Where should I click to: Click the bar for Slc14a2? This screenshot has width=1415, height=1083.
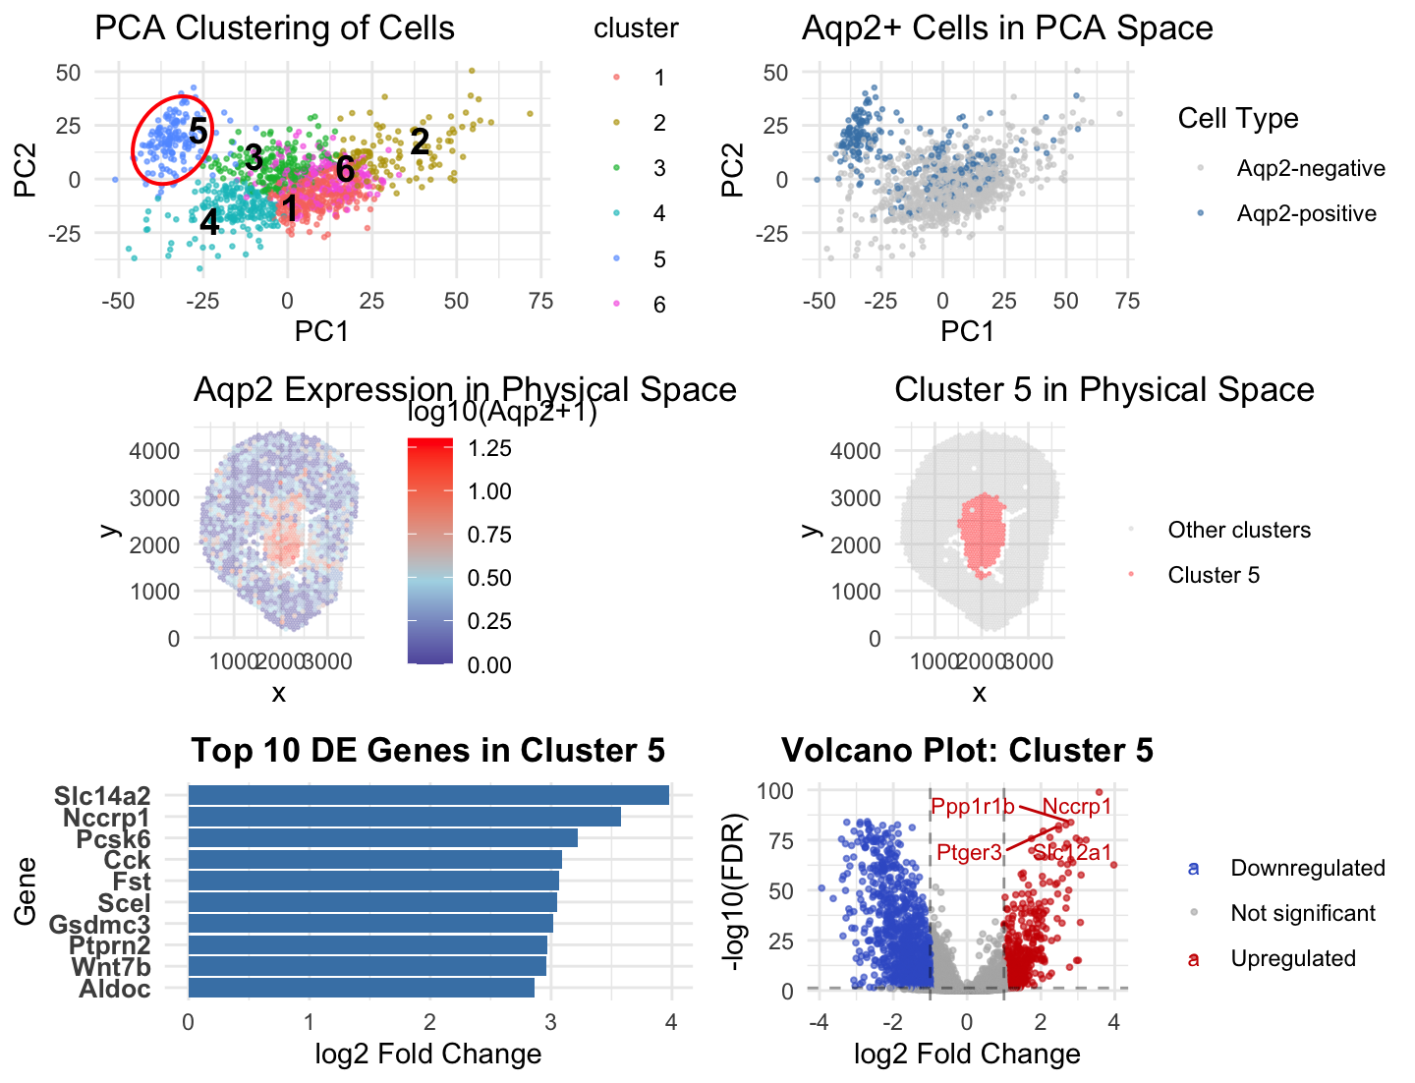click(x=428, y=795)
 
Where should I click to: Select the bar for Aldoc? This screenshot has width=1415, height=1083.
click(x=361, y=988)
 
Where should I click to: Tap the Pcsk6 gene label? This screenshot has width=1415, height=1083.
click(x=114, y=839)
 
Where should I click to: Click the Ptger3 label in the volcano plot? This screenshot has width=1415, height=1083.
click(x=969, y=852)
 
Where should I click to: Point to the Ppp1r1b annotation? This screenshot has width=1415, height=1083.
click(x=972, y=807)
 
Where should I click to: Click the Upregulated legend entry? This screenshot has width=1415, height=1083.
click(x=1292, y=958)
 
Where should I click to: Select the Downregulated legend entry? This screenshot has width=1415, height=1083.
click(x=1307, y=868)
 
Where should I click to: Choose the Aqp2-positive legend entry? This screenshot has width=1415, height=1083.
click(x=1306, y=213)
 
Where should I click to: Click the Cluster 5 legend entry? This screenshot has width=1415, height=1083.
click(x=1213, y=575)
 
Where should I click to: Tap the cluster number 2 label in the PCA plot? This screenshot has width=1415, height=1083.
click(x=420, y=142)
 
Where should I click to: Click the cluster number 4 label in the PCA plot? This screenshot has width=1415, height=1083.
click(x=209, y=221)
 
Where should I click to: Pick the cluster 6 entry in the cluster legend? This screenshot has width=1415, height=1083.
click(x=658, y=305)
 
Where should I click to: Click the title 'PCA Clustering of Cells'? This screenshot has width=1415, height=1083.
click(x=274, y=28)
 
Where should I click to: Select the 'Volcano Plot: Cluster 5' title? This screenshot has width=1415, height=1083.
click(x=967, y=750)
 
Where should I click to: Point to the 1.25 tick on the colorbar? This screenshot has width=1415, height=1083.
click(x=489, y=448)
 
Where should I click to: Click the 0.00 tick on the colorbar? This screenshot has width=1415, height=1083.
click(x=489, y=665)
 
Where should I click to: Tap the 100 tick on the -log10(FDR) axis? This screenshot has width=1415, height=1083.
click(x=775, y=791)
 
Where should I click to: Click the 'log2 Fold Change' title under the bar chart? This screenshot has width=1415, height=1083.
click(x=428, y=1054)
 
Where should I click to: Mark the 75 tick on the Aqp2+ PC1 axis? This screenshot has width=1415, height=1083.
click(x=1127, y=301)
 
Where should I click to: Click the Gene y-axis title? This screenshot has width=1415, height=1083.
click(x=26, y=891)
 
